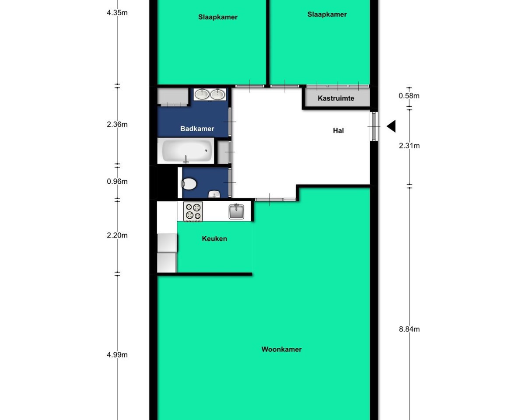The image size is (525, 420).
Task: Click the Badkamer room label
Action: (197, 129)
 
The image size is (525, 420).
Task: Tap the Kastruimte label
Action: (336, 98)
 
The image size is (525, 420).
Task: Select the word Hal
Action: (338, 130)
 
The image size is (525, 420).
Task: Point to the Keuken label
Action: (214, 238)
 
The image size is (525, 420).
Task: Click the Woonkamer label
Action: (281, 349)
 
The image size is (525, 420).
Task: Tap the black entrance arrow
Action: (391, 126)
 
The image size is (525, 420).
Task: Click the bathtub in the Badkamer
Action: (185, 151)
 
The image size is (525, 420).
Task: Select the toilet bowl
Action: (189, 184)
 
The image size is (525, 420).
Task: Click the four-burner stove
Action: (193, 212)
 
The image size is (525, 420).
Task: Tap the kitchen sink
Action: (236, 212)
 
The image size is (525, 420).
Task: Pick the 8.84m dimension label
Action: (409, 329)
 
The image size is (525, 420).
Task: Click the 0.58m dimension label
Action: (409, 96)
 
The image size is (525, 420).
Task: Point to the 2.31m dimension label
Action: (409, 146)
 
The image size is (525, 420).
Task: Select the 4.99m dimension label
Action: (117, 355)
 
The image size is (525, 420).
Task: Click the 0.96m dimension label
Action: (117, 181)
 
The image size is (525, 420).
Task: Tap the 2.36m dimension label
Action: (117, 124)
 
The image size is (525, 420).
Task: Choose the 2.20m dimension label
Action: (117, 235)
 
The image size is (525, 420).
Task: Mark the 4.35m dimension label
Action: (117, 13)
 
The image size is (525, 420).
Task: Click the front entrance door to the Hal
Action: (374, 126)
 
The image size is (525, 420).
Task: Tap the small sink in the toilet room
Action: (214, 195)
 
